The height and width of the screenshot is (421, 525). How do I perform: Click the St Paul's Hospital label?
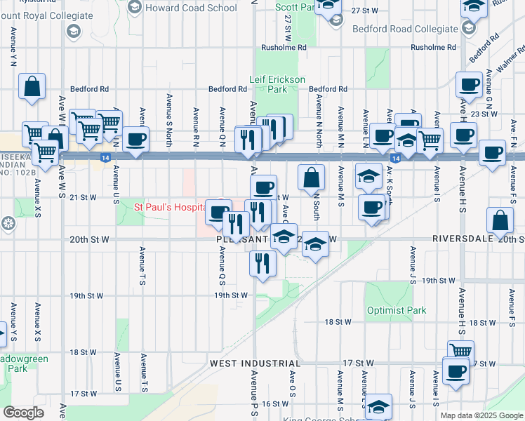click(169, 208)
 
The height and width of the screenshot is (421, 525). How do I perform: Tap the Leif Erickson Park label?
click(277, 84)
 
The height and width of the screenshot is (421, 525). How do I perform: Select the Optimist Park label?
click(396, 310)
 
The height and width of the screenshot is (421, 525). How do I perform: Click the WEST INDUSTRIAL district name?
click(255, 363)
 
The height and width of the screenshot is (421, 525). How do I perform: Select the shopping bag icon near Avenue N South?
click(311, 178)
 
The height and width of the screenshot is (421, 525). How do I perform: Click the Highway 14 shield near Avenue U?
click(104, 159)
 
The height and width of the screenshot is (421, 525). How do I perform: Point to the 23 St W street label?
click(484, 114)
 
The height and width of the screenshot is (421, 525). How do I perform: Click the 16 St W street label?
click(276, 404)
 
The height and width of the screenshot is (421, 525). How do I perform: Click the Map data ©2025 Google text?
click(481, 415)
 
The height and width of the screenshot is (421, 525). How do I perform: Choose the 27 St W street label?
click(365, 11)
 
